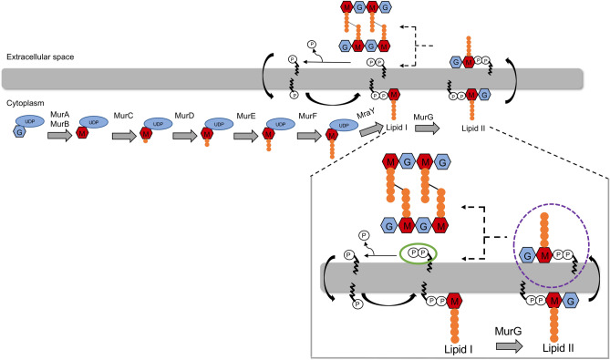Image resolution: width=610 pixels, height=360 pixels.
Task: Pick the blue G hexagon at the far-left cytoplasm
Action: point(18,134)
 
